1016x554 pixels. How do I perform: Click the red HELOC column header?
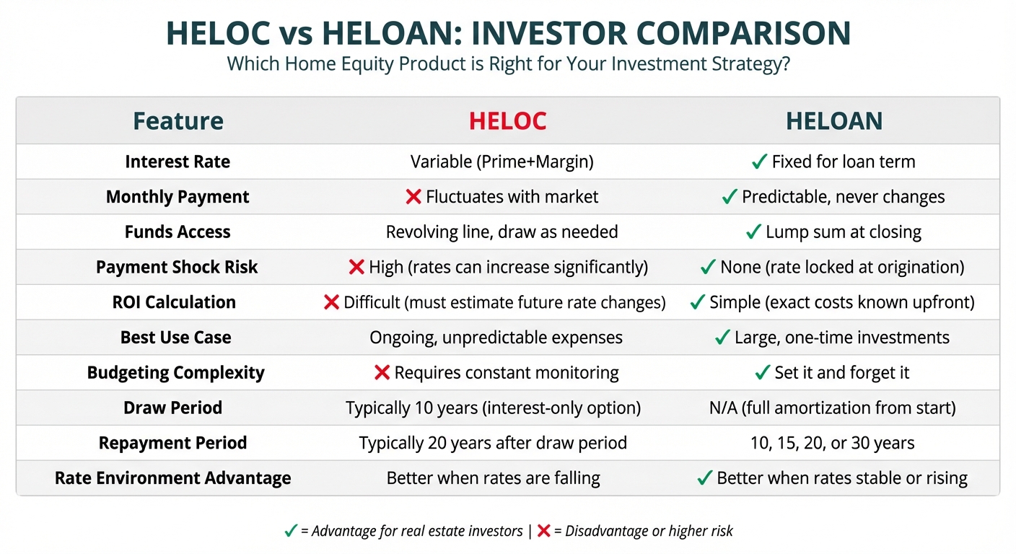[x=507, y=121]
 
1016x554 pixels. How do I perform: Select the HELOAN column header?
[x=834, y=121]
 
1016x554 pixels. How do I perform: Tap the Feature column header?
[x=178, y=121]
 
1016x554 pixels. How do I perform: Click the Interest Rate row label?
[x=178, y=162]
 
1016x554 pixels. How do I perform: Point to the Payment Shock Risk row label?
[x=177, y=267]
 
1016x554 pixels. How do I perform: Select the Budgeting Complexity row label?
[x=175, y=373]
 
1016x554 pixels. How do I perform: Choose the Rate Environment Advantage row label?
[x=172, y=478]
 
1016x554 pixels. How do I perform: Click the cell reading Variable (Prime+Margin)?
[x=502, y=162]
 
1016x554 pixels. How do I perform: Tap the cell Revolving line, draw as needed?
[x=502, y=232]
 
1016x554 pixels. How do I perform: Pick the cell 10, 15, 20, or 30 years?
[x=832, y=443]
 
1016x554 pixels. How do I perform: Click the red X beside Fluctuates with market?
[x=413, y=197]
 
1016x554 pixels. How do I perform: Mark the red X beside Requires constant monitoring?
[x=382, y=373]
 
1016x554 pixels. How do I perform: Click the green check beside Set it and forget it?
[x=763, y=372]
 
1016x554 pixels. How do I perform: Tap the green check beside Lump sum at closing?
[x=753, y=232]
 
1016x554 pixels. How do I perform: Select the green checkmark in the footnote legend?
[x=291, y=530]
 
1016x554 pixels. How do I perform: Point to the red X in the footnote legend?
[x=543, y=530]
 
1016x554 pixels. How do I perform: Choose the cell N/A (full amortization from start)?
[x=832, y=408]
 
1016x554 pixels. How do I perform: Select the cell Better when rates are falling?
[x=493, y=478]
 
